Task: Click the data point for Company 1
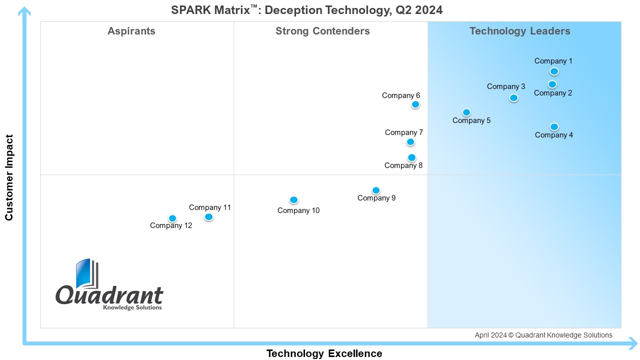[554, 71]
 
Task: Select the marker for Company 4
[554, 127]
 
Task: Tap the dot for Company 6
[415, 104]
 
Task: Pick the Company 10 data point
[293, 200]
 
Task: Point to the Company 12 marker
[172, 218]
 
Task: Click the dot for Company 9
[376, 190]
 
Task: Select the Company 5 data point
[466, 112]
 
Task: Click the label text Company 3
[506, 86]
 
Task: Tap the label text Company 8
[403, 166]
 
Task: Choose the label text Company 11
[209, 207]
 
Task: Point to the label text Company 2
[553, 93]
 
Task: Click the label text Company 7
[404, 132]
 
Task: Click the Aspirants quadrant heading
[131, 31]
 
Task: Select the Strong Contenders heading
[322, 31]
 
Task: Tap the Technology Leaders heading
[519, 31]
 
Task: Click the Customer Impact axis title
[9, 177]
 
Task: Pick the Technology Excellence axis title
[324, 353]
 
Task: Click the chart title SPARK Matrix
[306, 10]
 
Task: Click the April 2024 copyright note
[543, 335]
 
